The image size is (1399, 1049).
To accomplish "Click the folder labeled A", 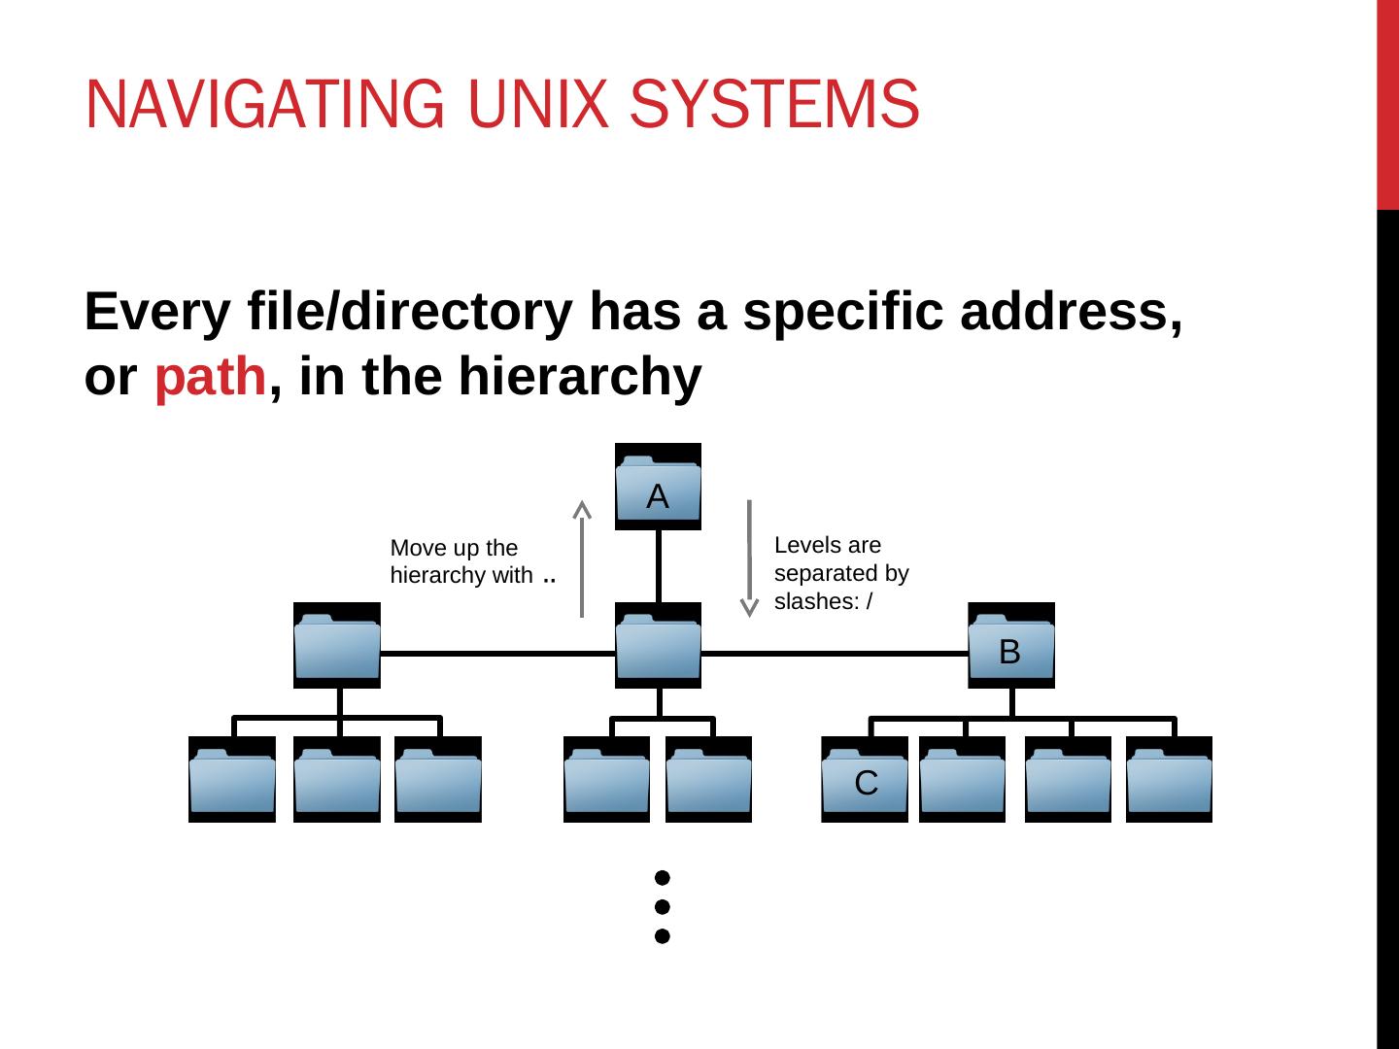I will pos(658,487).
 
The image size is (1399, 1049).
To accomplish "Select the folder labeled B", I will pos(1010,646).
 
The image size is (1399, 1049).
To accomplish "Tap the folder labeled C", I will pos(865,779).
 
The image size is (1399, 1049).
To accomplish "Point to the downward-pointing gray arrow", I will pos(749,558).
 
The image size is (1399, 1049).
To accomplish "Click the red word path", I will pos(210,378).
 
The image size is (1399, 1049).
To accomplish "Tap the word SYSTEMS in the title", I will pos(773,104).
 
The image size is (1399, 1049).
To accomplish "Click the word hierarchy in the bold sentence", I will pos(579,378).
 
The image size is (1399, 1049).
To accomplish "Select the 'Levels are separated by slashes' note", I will pos(841,573).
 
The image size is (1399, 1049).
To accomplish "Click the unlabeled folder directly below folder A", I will pos(658,646).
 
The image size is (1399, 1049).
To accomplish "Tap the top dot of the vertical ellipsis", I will pos(663,877).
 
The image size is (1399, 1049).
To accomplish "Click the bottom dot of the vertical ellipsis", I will pos(663,936).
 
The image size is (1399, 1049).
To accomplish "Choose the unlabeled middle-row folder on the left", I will pos(337,646).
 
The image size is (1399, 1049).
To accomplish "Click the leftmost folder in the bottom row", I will pos(232,779).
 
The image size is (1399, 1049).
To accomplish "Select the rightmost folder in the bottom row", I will pos(1169,779).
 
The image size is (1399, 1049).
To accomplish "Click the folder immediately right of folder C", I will pos(962,779).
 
